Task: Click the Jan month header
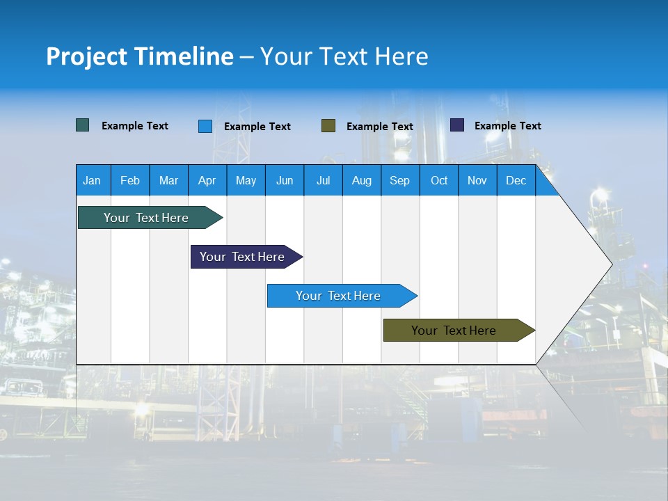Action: pyautogui.click(x=92, y=180)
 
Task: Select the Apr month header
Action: pyautogui.click(x=207, y=180)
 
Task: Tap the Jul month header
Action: pyautogui.click(x=323, y=180)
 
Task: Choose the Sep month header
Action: pyautogui.click(x=399, y=180)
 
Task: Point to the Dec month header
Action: pyautogui.click(x=516, y=180)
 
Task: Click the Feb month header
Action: pyautogui.click(x=129, y=180)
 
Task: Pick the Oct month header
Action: pyautogui.click(x=439, y=180)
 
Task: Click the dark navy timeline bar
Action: pyautogui.click(x=244, y=257)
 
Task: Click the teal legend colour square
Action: pyautogui.click(x=82, y=125)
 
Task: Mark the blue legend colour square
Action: pyautogui.click(x=205, y=126)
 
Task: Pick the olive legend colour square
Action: pyautogui.click(x=328, y=126)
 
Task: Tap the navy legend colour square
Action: pyautogui.click(x=457, y=125)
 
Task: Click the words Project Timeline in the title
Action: pyautogui.click(x=139, y=56)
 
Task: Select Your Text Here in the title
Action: pyautogui.click(x=344, y=56)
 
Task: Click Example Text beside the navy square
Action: pyautogui.click(x=507, y=126)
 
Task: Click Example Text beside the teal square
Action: pyautogui.click(x=134, y=126)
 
